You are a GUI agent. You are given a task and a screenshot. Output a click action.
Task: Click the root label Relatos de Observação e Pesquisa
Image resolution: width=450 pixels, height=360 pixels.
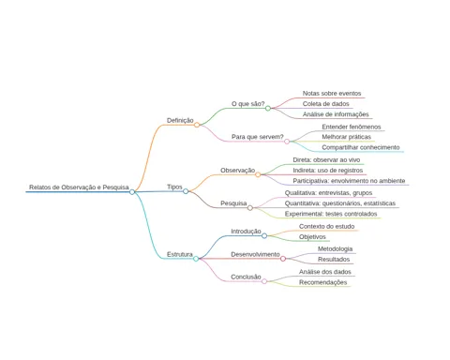(x=79, y=187)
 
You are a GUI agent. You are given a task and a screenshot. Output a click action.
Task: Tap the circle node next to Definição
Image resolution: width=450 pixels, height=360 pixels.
(x=197, y=125)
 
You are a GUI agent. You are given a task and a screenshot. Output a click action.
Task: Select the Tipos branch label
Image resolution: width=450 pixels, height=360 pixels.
(x=174, y=187)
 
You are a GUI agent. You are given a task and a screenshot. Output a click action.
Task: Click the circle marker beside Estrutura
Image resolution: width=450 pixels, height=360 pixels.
(x=196, y=259)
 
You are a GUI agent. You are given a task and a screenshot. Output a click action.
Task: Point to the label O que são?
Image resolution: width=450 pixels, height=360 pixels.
(x=248, y=104)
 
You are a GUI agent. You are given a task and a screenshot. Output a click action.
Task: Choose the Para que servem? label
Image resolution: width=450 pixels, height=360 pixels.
(x=258, y=137)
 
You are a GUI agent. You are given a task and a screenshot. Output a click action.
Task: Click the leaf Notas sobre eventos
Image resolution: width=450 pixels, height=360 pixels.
(x=332, y=94)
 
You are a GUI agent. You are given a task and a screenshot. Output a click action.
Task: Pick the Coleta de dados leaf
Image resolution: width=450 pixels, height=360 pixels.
(x=325, y=104)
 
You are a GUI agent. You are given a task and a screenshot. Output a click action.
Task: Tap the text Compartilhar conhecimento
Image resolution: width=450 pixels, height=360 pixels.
(x=361, y=147)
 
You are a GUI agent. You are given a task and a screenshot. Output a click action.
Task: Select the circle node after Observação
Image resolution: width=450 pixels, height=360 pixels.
(x=258, y=174)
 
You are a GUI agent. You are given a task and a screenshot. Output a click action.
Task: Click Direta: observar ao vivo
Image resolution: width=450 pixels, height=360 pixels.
(x=326, y=160)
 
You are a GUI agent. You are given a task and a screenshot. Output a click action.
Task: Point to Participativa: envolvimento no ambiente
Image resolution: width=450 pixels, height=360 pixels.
(x=349, y=181)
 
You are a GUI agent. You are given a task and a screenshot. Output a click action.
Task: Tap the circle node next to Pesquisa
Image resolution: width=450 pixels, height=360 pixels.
(x=250, y=208)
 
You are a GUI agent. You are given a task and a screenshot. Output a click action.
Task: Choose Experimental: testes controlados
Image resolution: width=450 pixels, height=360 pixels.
(x=331, y=214)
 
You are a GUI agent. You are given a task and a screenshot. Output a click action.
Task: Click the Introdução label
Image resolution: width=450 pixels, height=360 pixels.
(x=246, y=232)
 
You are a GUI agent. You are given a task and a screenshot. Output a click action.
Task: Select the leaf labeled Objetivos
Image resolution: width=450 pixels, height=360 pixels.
(x=312, y=237)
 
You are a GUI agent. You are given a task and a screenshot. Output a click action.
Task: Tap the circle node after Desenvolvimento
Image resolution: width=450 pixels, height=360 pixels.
(x=283, y=259)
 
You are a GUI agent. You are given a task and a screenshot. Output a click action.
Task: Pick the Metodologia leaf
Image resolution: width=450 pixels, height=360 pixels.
(x=335, y=249)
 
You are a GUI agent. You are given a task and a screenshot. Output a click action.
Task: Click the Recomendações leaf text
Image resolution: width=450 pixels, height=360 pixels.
(x=322, y=282)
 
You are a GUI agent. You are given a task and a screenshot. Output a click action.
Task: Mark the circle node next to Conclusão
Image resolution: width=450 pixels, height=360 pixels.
(x=264, y=281)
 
